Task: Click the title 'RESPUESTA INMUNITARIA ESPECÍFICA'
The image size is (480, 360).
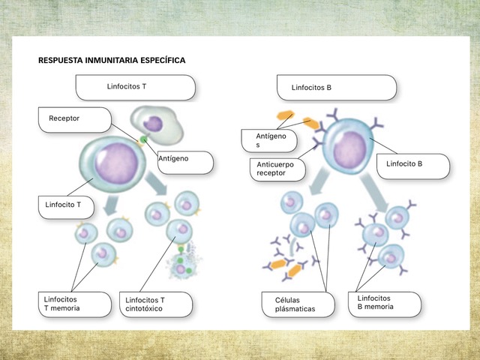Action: pyautogui.click(x=112, y=60)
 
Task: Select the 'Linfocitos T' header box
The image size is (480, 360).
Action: pyautogui.click(x=136, y=88)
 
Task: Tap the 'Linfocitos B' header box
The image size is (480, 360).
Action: pyautogui.click(x=337, y=88)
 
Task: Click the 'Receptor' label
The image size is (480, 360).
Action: pyautogui.click(x=75, y=120)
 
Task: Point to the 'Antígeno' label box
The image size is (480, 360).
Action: pyautogui.click(x=185, y=163)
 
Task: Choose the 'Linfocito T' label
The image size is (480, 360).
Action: pyautogui.click(x=66, y=208)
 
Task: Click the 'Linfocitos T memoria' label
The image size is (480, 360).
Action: pyautogui.click(x=75, y=304)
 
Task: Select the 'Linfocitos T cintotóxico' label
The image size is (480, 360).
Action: pyautogui.click(x=156, y=304)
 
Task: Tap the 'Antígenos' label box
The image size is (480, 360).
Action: pyautogui.click(x=269, y=141)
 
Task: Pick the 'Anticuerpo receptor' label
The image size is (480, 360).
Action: pyautogui.click(x=277, y=169)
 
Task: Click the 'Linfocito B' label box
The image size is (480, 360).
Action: pyautogui.click(x=413, y=166)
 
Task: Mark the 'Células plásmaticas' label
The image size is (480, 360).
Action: pyautogui.click(x=298, y=304)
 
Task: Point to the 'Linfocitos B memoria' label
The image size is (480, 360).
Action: pyautogui.click(x=385, y=304)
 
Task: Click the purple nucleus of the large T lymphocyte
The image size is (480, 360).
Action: pyautogui.click(x=116, y=164)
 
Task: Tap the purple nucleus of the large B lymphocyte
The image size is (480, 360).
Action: pyautogui.click(x=350, y=150)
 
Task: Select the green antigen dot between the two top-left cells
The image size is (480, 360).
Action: pyautogui.click(x=143, y=140)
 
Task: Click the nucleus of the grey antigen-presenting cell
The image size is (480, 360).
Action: pyautogui.click(x=153, y=124)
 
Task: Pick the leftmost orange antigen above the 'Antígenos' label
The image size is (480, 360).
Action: pyautogui.click(x=285, y=115)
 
